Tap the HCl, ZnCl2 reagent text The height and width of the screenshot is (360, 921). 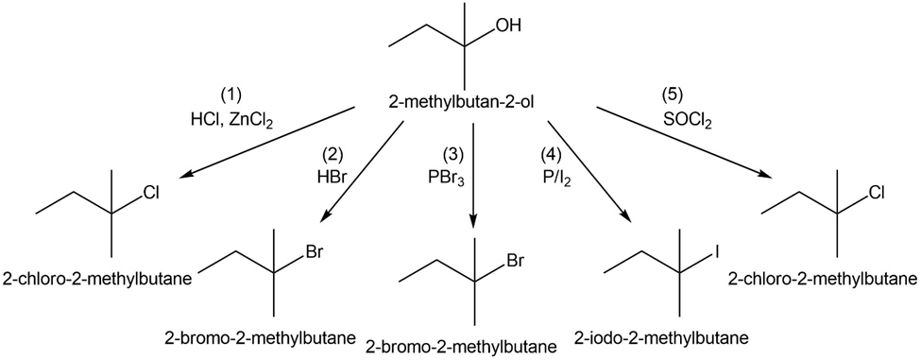point(232,119)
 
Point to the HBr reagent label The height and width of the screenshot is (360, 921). point(333,178)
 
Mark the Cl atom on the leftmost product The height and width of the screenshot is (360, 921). point(152,193)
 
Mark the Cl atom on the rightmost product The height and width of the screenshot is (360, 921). point(878,193)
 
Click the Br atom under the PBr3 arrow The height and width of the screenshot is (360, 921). point(515,260)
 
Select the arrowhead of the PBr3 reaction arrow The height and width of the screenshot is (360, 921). point(473,222)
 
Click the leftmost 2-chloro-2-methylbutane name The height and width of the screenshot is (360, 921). point(97,278)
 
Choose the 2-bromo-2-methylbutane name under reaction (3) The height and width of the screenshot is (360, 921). point(461,346)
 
